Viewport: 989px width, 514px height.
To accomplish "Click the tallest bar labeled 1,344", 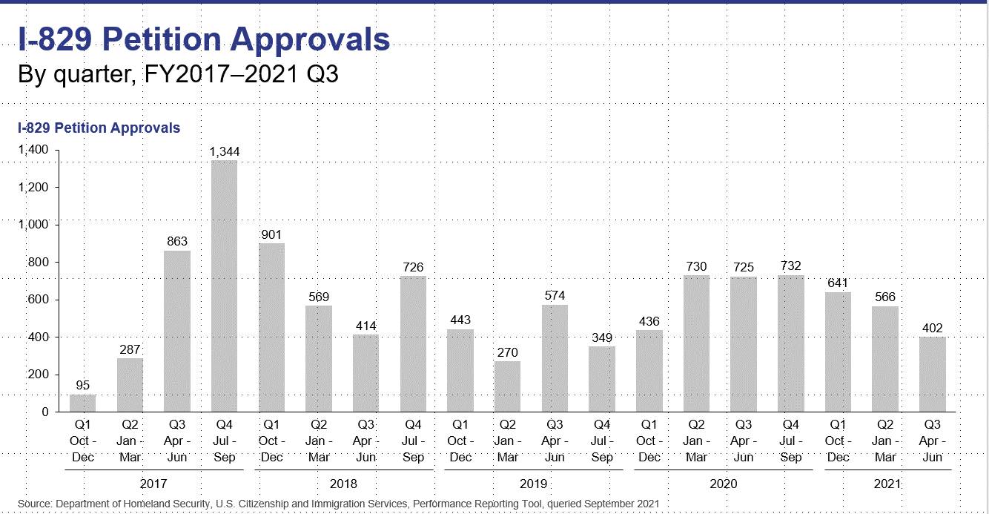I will pos(224,286).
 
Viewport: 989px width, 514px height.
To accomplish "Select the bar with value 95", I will pos(82,403).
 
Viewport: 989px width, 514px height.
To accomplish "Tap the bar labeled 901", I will pos(271,327).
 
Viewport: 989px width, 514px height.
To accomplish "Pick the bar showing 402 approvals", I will pos(932,374).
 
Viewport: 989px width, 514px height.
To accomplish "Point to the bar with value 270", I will pos(507,386).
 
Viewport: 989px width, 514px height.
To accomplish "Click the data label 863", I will pos(177,241).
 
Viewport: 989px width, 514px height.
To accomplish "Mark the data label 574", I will pos(555,295).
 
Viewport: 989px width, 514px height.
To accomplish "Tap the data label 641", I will pos(838,283).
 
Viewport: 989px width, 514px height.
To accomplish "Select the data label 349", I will pos(602,337).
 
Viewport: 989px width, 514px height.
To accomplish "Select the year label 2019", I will pos(534,484).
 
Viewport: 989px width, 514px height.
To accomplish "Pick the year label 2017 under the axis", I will pos(153,484).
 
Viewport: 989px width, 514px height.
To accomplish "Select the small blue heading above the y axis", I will pos(99,128).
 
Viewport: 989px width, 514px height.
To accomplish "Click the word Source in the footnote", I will pos(35,504).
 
